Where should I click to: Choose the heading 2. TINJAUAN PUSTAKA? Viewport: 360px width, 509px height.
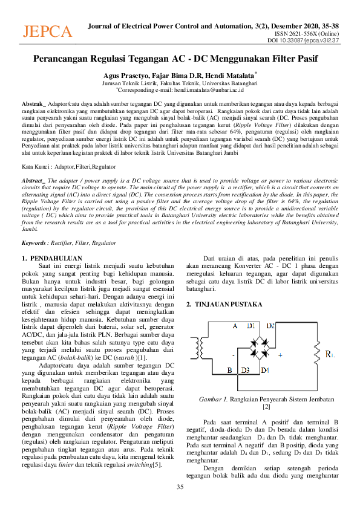coord(224,304)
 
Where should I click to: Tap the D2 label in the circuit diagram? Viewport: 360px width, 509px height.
coord(270,326)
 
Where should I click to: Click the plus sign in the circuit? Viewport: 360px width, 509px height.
coord(280,355)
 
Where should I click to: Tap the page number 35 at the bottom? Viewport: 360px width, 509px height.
coord(180,487)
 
